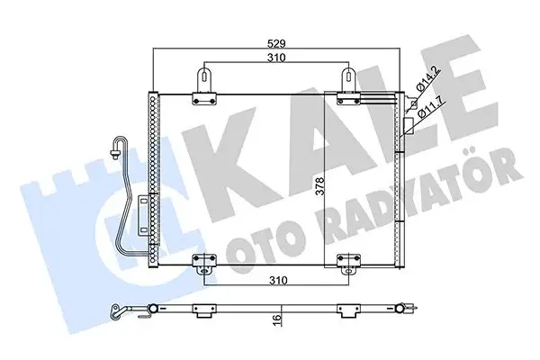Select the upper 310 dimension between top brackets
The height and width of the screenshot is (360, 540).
click(275, 58)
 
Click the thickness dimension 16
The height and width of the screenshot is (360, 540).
click(280, 318)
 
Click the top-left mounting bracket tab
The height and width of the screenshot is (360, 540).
click(206, 79)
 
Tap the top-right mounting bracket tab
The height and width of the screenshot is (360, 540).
click(346, 79)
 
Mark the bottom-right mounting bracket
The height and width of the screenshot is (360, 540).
click(347, 264)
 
